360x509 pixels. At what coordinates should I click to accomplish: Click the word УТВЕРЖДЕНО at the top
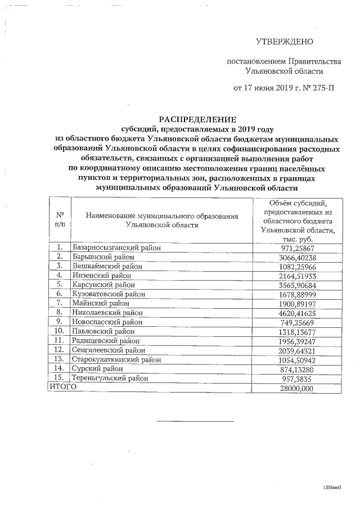pyautogui.click(x=284, y=41)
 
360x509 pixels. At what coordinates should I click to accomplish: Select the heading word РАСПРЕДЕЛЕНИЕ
pyautogui.click(x=197, y=119)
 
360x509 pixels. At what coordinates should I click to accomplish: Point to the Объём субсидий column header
pyautogui.click(x=298, y=220)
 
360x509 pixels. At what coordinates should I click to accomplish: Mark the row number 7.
pyautogui.click(x=58, y=303)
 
